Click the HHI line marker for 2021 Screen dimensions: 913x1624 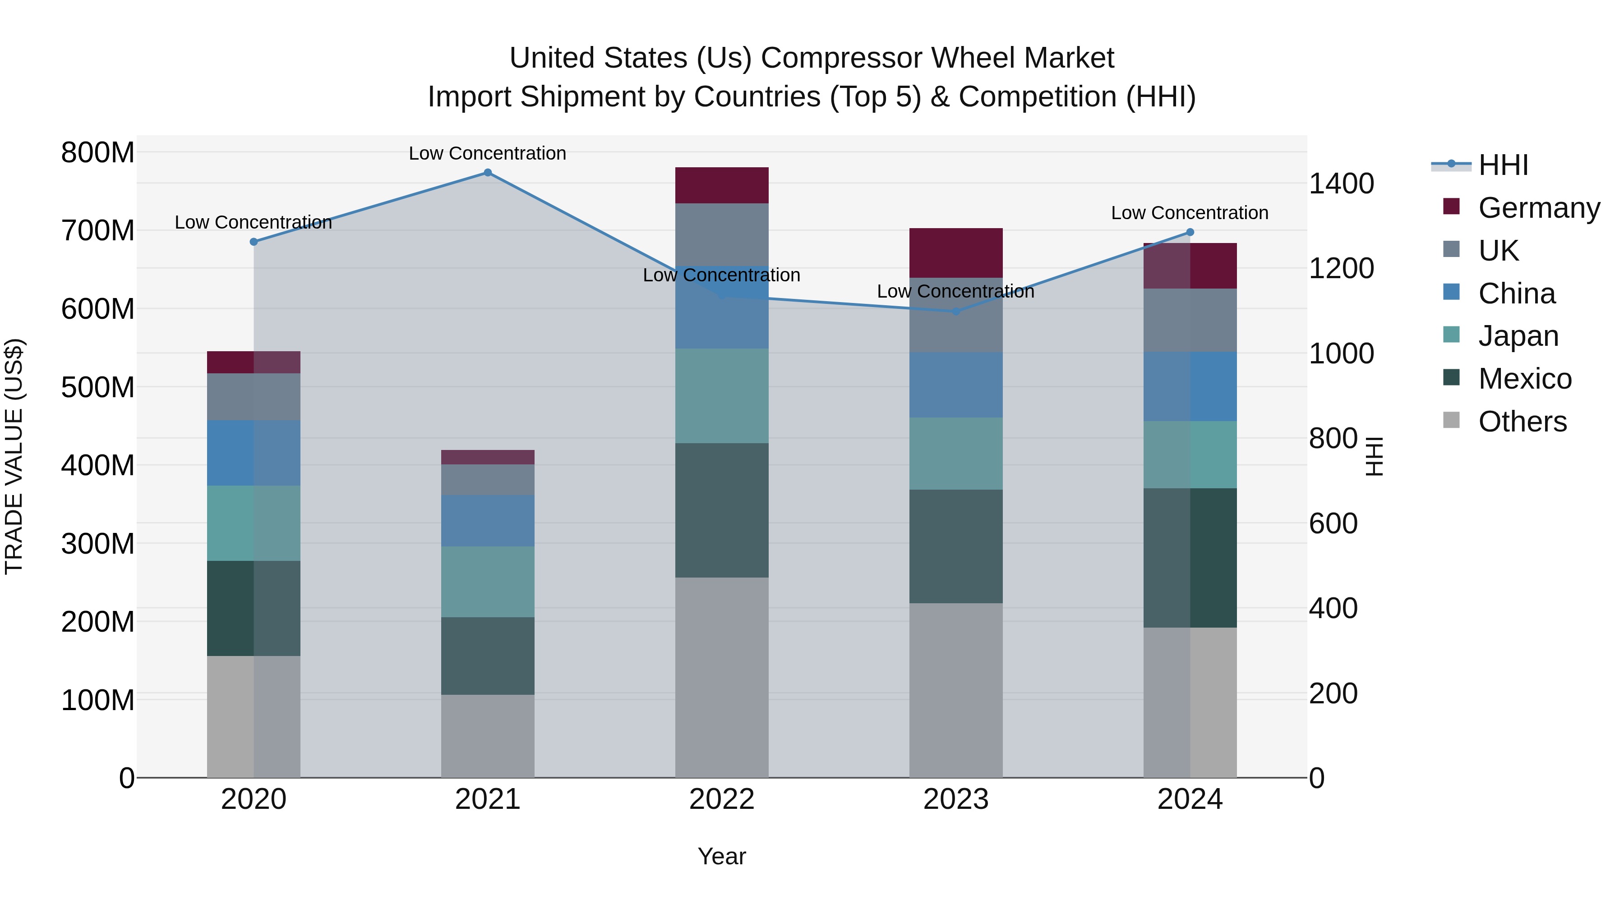(x=487, y=173)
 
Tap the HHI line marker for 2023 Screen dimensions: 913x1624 (x=956, y=311)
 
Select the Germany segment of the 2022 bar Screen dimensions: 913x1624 (x=722, y=185)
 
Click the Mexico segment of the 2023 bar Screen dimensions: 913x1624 (x=956, y=546)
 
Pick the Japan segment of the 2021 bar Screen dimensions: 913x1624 (x=487, y=582)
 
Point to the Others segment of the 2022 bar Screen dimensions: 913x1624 (x=722, y=677)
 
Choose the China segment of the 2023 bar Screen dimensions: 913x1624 (x=956, y=384)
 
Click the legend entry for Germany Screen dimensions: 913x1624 (x=1538, y=208)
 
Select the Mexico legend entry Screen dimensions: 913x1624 (x=1524, y=379)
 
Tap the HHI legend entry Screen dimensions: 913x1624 (x=1503, y=165)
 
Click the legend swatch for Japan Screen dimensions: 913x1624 (x=1451, y=335)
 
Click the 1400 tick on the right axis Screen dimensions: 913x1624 (x=1341, y=184)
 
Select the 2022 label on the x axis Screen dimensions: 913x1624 (x=722, y=799)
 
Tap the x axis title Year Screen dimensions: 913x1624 (x=722, y=856)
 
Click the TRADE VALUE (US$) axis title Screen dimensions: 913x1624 (x=14, y=456)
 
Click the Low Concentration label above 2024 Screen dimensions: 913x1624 (x=1190, y=213)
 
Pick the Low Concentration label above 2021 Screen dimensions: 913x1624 (x=487, y=153)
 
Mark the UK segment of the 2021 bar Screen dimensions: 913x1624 (x=487, y=480)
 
